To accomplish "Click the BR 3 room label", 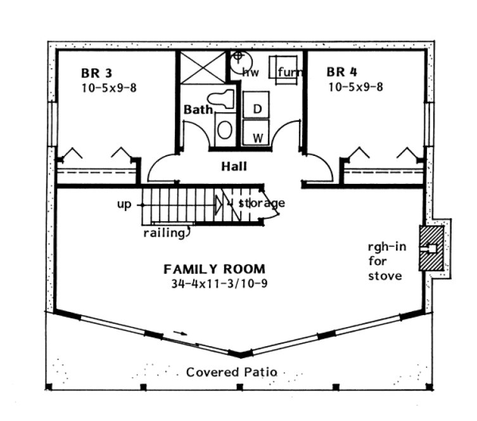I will [x=96, y=72].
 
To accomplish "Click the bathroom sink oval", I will [x=225, y=129].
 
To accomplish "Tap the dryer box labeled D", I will [x=257, y=108].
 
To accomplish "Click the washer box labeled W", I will [x=258, y=136].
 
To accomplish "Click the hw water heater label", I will [x=247, y=72].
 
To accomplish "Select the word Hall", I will [x=234, y=167].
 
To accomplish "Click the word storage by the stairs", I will [x=262, y=203].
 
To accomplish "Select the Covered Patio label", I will [x=231, y=372].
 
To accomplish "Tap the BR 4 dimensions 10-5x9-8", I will [x=355, y=87].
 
